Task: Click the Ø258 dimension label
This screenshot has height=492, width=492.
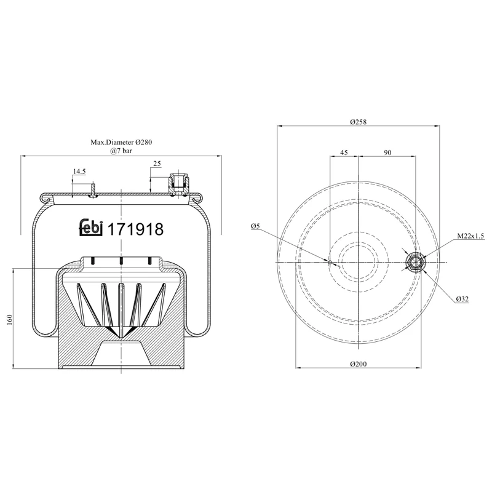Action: click(358, 121)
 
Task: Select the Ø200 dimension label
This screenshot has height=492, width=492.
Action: click(358, 363)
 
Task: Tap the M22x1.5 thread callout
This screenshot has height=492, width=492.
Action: click(470, 236)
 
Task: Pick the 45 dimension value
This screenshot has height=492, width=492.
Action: click(344, 152)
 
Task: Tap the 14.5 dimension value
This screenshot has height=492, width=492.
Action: click(80, 172)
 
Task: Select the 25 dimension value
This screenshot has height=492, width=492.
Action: click(157, 164)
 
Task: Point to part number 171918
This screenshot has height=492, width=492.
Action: click(135, 229)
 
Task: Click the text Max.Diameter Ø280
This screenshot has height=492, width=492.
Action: click(121, 142)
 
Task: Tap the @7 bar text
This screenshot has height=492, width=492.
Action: click(121, 151)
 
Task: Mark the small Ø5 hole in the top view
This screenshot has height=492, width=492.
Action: click(330, 263)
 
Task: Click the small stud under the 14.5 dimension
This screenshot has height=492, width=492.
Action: click(93, 190)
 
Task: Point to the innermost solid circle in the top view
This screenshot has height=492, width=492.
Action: click(358, 263)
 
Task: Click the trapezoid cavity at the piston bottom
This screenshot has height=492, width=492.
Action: click(121, 354)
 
